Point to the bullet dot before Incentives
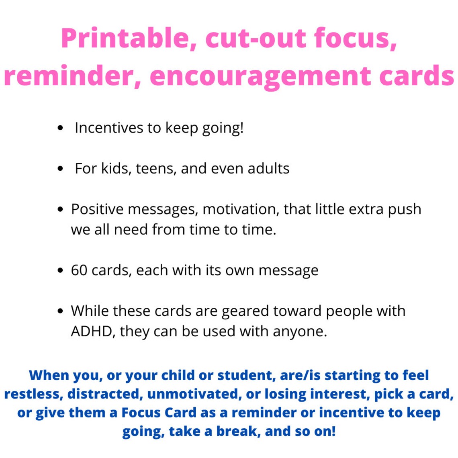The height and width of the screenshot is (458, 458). (x=60, y=128)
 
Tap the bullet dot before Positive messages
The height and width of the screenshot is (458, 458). (x=60, y=209)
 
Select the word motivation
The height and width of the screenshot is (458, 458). (x=241, y=209)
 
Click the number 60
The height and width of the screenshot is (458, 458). (x=79, y=270)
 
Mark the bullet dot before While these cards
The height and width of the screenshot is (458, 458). (x=60, y=311)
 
